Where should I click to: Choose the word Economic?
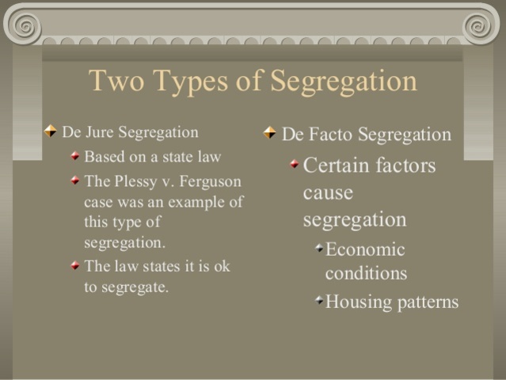(x=365, y=249)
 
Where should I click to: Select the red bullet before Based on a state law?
(x=74, y=156)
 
